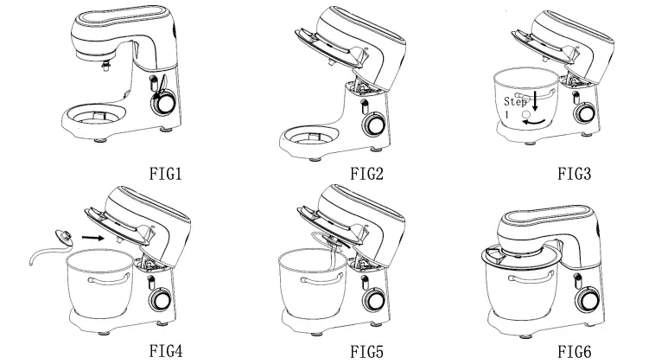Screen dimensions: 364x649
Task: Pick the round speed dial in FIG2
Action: point(376,125)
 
